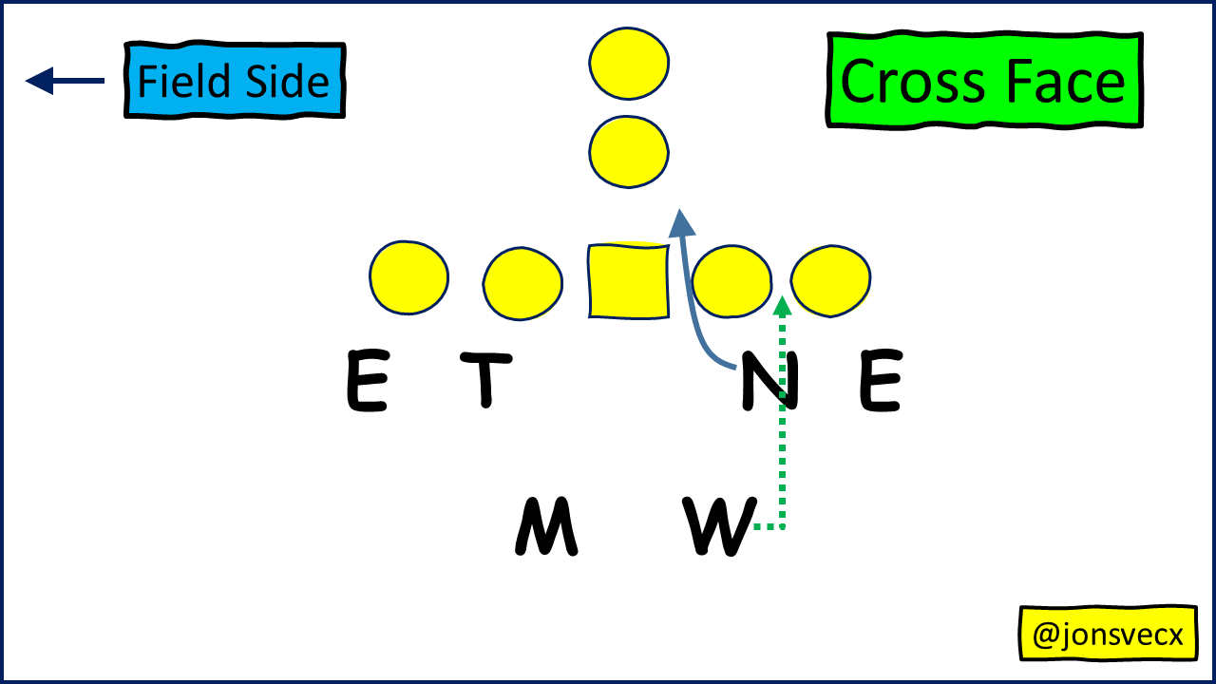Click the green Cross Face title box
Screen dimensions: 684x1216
pos(984,81)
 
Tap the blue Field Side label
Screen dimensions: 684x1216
pos(234,81)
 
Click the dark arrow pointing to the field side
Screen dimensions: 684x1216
pos(65,81)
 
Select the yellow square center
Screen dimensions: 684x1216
pos(628,281)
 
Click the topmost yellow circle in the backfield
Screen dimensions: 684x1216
pos(629,63)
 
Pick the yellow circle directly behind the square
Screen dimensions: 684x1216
pos(629,150)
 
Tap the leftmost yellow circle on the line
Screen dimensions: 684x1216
pos(408,277)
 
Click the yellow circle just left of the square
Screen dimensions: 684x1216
pos(522,283)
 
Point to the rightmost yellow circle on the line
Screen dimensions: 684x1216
pos(830,280)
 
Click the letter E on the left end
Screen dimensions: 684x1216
pos(367,381)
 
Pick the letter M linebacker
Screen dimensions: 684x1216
pos(546,527)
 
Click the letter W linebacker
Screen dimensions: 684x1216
pos(719,526)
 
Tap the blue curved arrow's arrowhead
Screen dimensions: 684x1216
pos(681,223)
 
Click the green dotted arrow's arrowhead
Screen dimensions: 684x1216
pos(782,306)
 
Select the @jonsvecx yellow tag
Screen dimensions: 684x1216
pos(1108,634)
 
